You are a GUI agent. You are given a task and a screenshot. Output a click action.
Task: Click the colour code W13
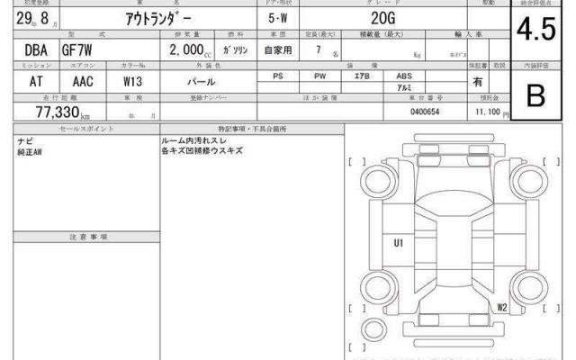[x=133, y=80]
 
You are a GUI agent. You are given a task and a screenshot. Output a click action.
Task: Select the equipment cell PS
[x=278, y=77]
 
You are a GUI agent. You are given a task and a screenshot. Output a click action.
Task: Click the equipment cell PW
[x=320, y=77]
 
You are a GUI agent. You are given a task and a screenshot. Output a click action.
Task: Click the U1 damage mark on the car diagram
[x=398, y=242]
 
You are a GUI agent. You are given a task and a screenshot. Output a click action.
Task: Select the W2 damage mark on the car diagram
[x=501, y=307]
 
